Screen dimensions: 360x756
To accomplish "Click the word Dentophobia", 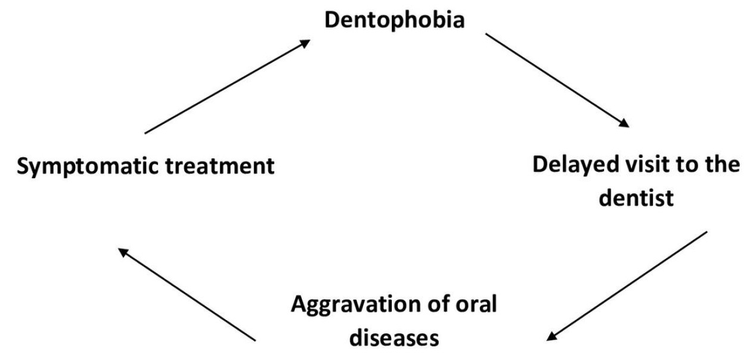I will [394, 20].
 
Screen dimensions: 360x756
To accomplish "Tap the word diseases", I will [394, 338].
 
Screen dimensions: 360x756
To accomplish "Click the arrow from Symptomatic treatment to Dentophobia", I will [227, 86].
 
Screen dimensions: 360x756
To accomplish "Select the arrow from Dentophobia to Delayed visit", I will [557, 80].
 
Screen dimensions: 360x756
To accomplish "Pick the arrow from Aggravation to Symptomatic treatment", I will [187, 294].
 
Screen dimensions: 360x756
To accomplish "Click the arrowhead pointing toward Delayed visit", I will [623, 123].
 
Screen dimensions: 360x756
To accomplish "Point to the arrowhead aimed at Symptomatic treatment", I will [123, 252].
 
